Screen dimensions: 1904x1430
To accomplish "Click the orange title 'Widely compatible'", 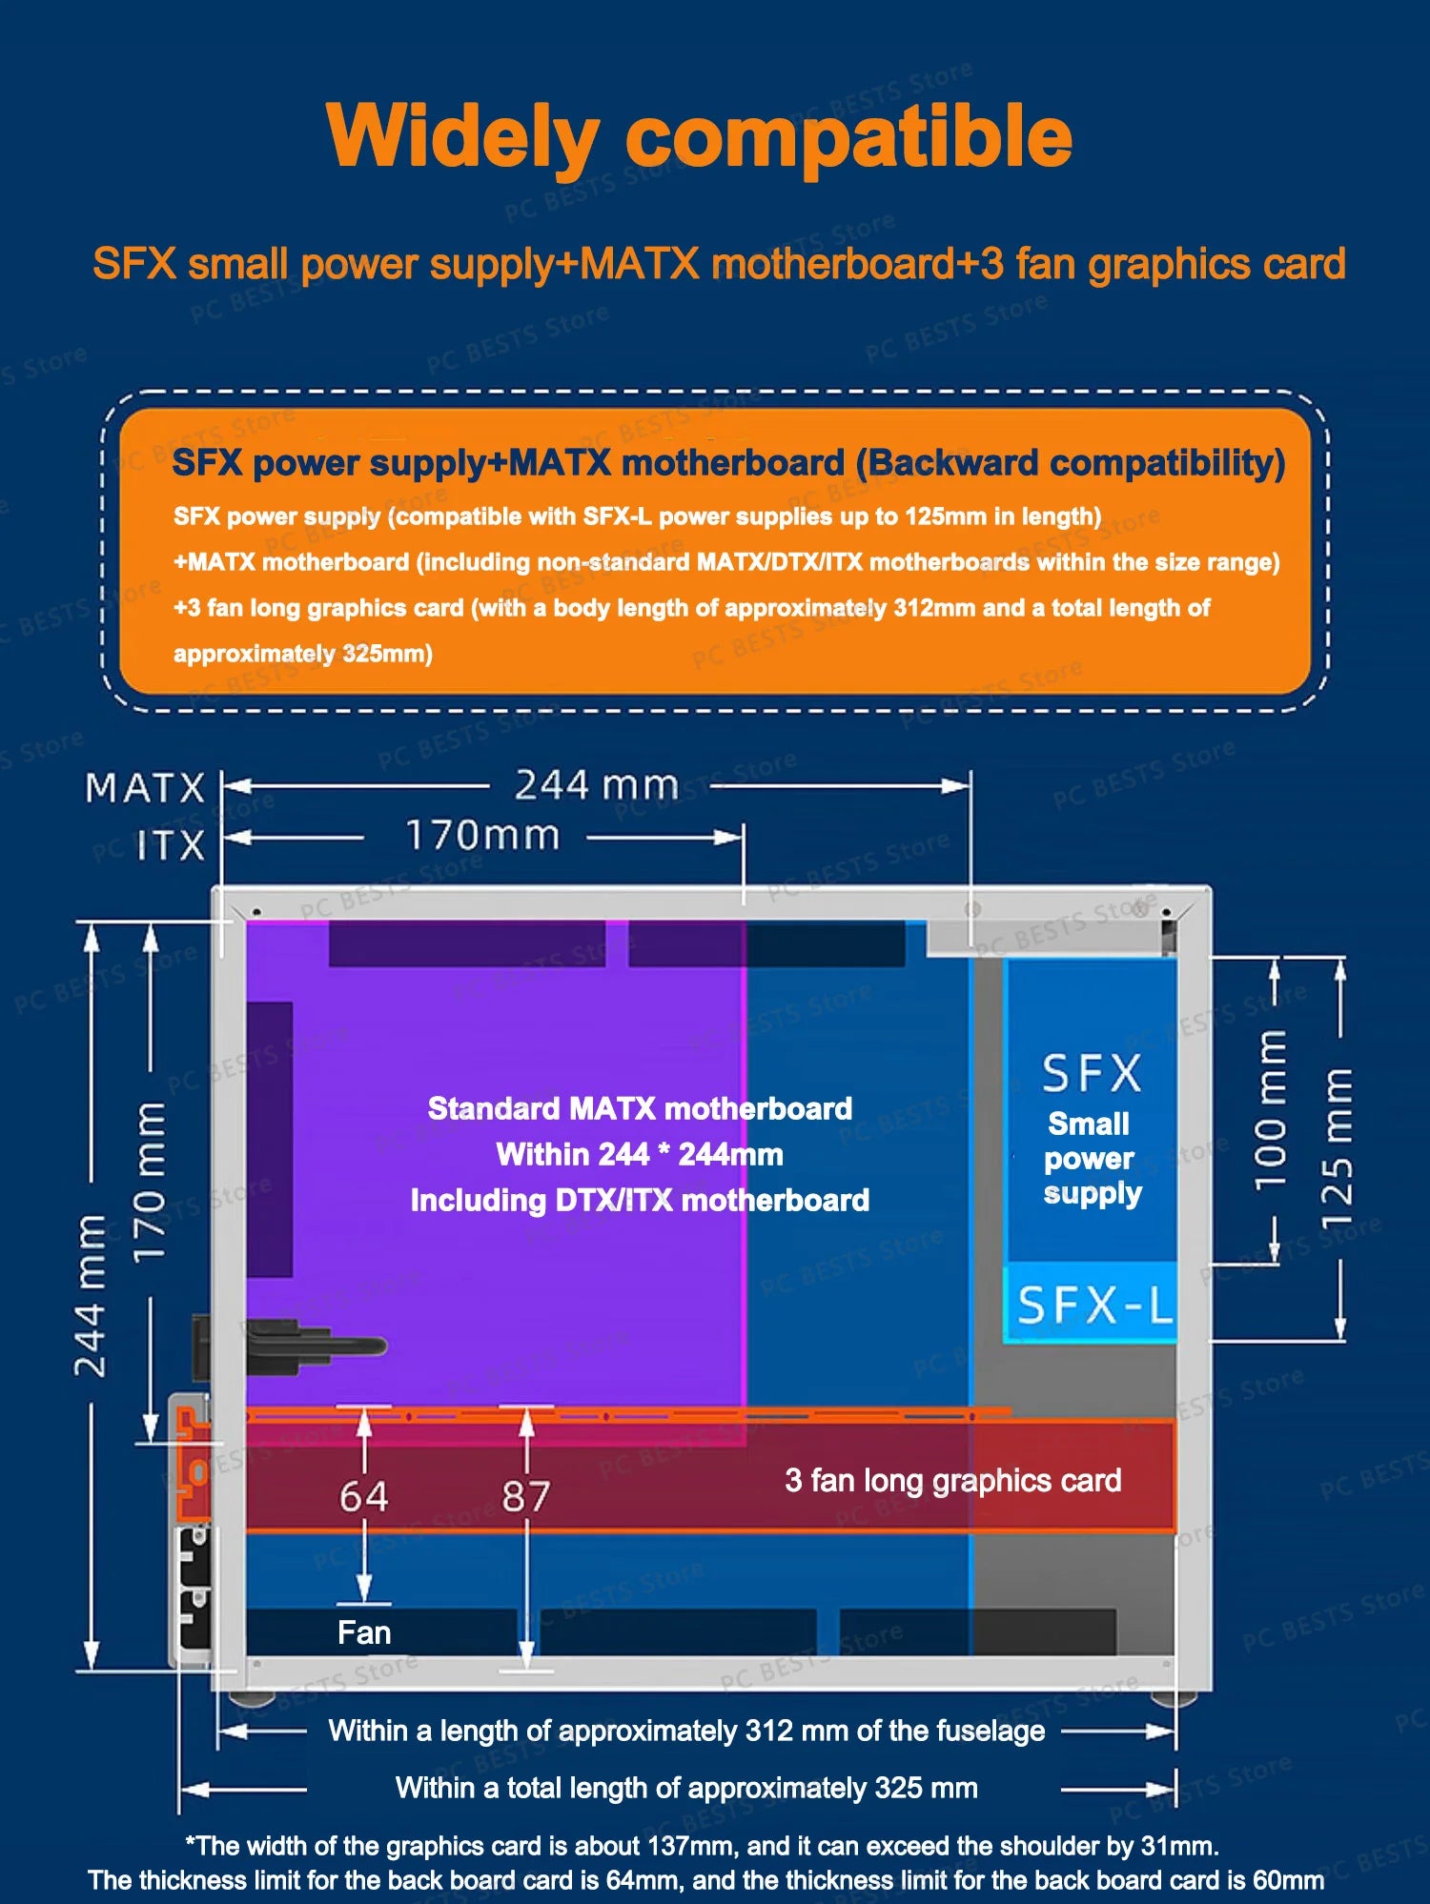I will coord(699,136).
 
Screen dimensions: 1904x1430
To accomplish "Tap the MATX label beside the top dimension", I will coord(145,788).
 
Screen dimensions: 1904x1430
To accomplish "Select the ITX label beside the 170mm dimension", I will coord(171,844).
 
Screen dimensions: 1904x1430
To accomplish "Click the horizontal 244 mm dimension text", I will coord(597,786).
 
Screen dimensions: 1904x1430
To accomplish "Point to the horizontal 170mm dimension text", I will coord(482,836).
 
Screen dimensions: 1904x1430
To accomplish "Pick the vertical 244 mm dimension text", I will coord(92,1295).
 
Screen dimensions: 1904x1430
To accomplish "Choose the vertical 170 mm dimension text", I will coord(150,1182).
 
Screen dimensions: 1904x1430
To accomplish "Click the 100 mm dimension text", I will coord(1272,1110).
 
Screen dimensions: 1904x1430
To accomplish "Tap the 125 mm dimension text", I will coord(1337,1148).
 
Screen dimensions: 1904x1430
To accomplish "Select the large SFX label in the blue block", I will coord(1092,1074).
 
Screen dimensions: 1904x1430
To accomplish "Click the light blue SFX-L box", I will coord(1093,1304).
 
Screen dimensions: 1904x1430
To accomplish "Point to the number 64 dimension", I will coord(363,1497).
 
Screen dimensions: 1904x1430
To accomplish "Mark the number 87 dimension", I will coord(526,1497).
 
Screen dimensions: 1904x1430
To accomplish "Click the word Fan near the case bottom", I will coord(364,1632).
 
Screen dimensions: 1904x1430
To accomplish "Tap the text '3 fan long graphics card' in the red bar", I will coord(952,1480).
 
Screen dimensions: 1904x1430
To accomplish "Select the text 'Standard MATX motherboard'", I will coord(640,1108).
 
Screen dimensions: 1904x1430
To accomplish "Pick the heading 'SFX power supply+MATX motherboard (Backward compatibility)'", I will coord(728,463).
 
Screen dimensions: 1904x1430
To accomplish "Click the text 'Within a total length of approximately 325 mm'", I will coord(686,1788).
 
